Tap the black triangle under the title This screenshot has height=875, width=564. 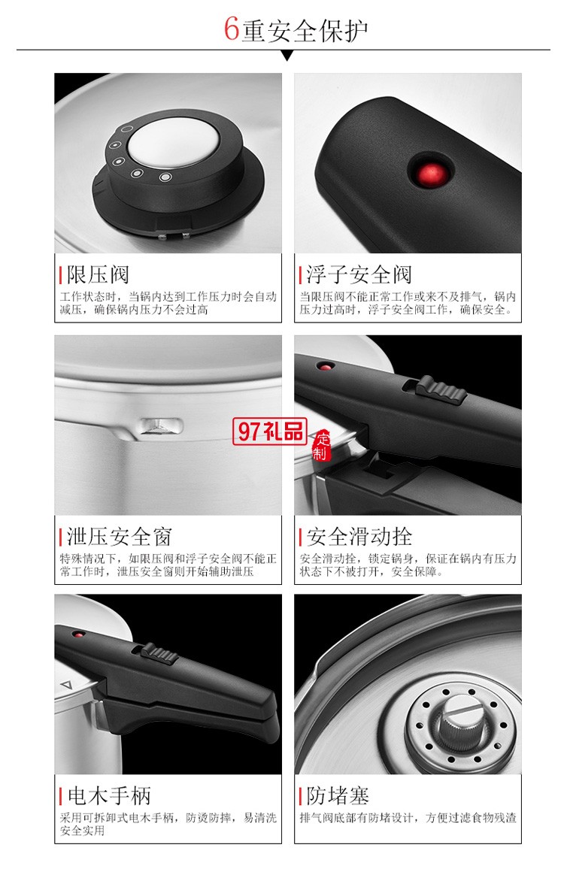pos(287,56)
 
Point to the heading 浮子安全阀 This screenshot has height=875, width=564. pos(359,274)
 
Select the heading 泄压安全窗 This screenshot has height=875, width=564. pos(120,536)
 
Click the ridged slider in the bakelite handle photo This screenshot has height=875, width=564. pos(160,653)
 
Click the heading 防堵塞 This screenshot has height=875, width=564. pos(338,795)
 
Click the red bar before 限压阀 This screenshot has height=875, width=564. pos(60,274)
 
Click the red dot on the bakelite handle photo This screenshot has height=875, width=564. pos(77,634)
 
